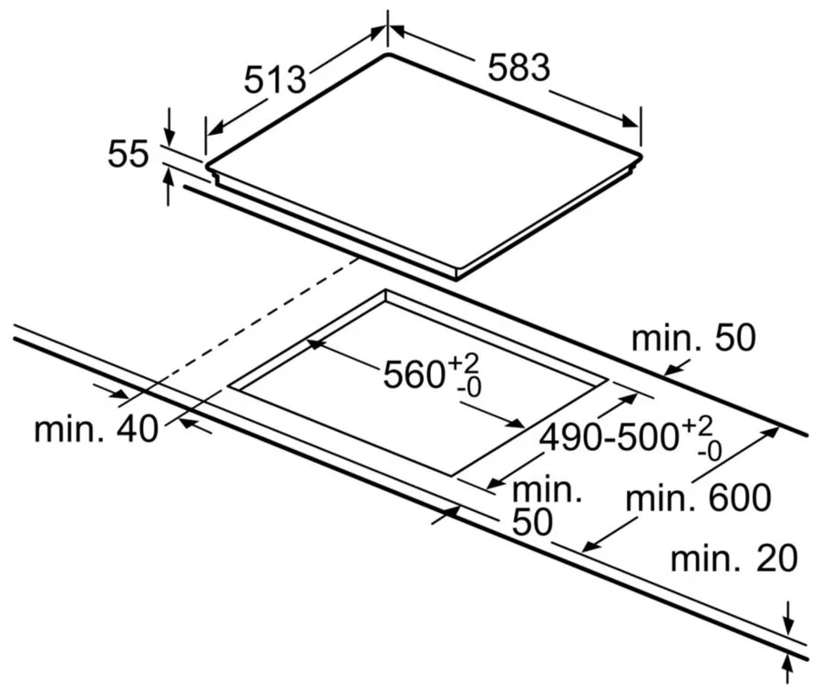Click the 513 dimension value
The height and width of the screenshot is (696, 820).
point(275,79)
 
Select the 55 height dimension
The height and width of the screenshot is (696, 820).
point(128,154)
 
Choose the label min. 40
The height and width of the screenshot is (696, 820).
point(96,430)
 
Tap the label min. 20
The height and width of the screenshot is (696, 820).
point(733,558)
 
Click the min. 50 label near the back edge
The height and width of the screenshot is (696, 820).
point(693,338)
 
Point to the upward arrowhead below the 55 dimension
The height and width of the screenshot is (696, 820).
point(168,178)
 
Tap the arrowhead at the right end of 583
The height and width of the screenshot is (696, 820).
point(630,121)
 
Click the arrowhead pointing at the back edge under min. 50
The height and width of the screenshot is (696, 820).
point(671,370)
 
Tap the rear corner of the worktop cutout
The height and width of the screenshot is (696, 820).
point(386,291)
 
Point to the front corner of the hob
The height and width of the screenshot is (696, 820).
point(456,277)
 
